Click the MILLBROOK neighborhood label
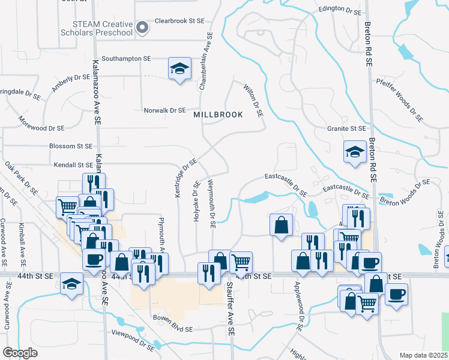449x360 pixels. click(x=218, y=114)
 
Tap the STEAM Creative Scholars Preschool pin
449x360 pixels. click(x=142, y=27)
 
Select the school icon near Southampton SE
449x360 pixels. click(x=179, y=70)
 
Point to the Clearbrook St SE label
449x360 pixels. click(x=180, y=20)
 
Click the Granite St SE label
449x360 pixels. click(x=346, y=128)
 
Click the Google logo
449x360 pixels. click(x=20, y=353)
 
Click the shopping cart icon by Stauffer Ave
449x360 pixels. click(x=241, y=262)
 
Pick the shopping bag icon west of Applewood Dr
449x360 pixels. click(x=281, y=225)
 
